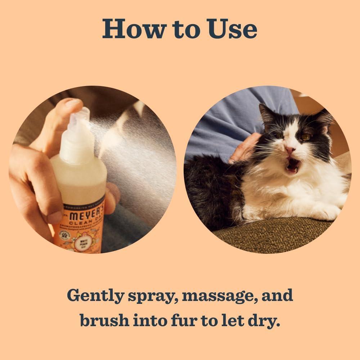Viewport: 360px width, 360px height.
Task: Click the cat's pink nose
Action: point(290,150)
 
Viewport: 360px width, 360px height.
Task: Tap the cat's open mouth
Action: point(293,165)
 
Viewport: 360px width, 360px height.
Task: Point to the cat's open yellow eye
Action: point(306,137)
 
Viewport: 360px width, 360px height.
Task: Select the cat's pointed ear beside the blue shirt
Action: point(267,114)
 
